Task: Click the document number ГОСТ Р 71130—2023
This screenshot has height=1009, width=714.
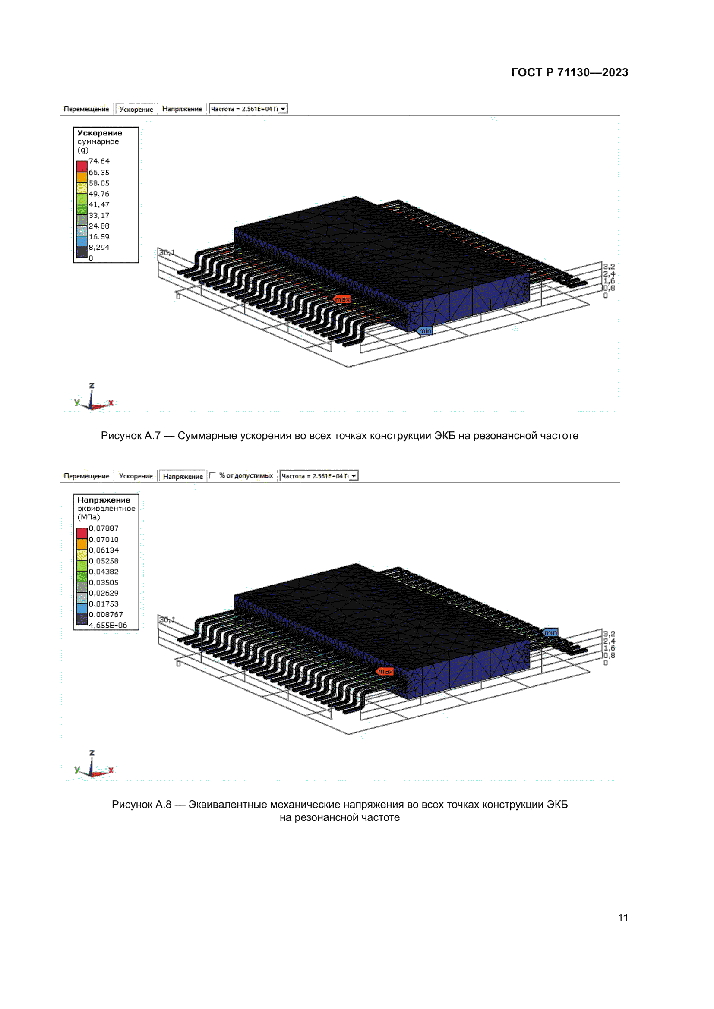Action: pos(569,72)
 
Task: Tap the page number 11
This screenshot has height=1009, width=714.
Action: pos(622,918)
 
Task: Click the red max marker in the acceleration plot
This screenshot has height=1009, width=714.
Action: pos(341,299)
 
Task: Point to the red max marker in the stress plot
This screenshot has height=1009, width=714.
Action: pos(385,671)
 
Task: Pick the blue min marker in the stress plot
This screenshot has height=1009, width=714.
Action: pos(550,632)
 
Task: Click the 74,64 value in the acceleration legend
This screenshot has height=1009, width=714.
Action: pos(99,161)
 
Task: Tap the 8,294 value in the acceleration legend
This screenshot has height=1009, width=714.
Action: pos(99,248)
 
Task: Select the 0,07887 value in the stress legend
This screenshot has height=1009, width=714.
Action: pos(104,528)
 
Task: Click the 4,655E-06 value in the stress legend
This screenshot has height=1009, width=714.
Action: pos(108,626)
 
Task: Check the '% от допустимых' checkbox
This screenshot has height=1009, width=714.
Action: pos(212,475)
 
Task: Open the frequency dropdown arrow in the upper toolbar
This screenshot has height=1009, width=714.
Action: pos(283,109)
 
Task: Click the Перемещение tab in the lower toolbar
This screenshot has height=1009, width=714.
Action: pos(86,476)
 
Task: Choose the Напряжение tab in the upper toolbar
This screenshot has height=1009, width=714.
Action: pos(182,109)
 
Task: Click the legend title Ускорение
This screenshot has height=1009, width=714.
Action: pos(100,133)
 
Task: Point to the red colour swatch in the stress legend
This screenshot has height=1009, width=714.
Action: pos(82,533)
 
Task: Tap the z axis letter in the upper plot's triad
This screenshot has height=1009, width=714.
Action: pos(92,385)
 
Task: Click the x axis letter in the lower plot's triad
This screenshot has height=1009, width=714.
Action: pos(111,770)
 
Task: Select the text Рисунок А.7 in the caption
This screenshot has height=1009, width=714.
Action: pos(130,436)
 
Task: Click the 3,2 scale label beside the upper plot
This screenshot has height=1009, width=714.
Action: pos(609,267)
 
